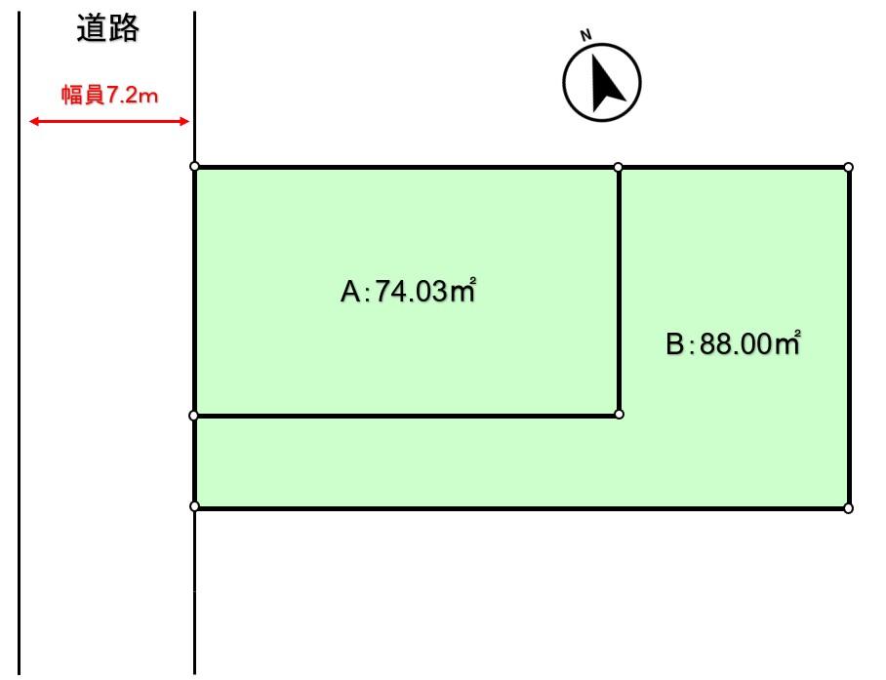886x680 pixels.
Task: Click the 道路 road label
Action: [x=107, y=29]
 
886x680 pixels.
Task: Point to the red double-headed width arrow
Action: [x=108, y=121]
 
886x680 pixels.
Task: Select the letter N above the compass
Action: [x=586, y=36]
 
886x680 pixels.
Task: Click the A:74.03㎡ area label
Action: [x=407, y=291]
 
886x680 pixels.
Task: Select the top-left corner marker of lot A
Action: [x=194, y=167]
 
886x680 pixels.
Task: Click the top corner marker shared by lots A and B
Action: [x=619, y=167]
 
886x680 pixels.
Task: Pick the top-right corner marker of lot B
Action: [x=848, y=167]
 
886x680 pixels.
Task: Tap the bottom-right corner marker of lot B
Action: [x=848, y=508]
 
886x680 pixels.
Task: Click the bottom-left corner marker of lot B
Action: [x=194, y=506]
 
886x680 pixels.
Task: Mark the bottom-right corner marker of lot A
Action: [x=620, y=415]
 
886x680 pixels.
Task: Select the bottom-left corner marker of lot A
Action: [x=194, y=416]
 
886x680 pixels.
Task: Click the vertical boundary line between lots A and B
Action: [x=619, y=293]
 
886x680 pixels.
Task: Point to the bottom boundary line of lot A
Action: [x=405, y=416]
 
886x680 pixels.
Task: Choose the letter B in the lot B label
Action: [x=674, y=344]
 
